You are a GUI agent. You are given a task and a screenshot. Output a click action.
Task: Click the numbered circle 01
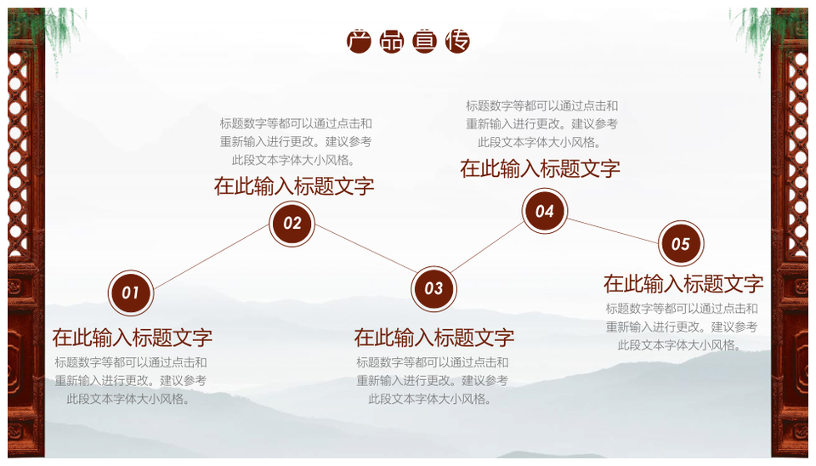click(131, 293)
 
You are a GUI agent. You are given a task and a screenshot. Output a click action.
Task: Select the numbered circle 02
click(292, 224)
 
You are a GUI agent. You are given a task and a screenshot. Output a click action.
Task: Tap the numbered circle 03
click(433, 288)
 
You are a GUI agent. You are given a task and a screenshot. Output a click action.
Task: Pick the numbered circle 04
click(544, 211)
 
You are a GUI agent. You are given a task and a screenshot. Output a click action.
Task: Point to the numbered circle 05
click(681, 244)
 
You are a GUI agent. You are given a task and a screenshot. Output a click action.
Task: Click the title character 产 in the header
click(359, 42)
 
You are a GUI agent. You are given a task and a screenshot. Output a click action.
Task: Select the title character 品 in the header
click(391, 42)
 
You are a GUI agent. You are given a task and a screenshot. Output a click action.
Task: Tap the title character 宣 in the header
click(424, 42)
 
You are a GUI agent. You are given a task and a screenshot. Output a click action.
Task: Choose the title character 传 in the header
click(457, 42)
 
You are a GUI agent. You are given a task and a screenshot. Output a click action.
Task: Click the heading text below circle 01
click(133, 338)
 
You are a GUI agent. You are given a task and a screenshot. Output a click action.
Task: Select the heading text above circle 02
click(294, 186)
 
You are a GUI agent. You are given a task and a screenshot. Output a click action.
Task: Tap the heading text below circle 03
click(434, 338)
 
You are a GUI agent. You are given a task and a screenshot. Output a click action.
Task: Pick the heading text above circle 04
click(541, 168)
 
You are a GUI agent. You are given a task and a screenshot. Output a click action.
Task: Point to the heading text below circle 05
click(683, 284)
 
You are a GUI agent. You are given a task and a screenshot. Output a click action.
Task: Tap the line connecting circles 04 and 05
click(613, 230)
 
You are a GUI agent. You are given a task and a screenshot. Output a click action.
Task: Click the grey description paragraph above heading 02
click(296, 142)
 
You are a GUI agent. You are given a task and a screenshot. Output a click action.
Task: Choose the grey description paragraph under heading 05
click(682, 327)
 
